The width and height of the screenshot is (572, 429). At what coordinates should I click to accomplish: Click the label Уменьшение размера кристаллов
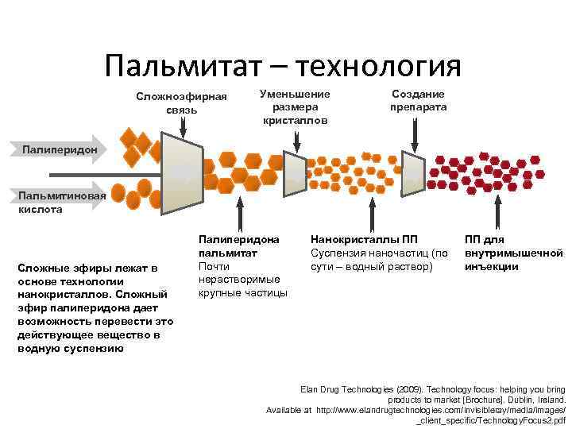(x=295, y=106)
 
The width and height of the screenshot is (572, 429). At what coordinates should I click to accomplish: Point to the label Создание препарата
(x=418, y=100)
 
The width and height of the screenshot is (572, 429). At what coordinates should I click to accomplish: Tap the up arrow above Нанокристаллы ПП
(x=371, y=214)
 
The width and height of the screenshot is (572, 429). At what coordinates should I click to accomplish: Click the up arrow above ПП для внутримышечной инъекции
(x=500, y=214)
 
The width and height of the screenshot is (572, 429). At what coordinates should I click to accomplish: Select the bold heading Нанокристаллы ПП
(x=364, y=238)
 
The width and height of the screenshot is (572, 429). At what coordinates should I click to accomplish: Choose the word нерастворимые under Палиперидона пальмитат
(x=238, y=279)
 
